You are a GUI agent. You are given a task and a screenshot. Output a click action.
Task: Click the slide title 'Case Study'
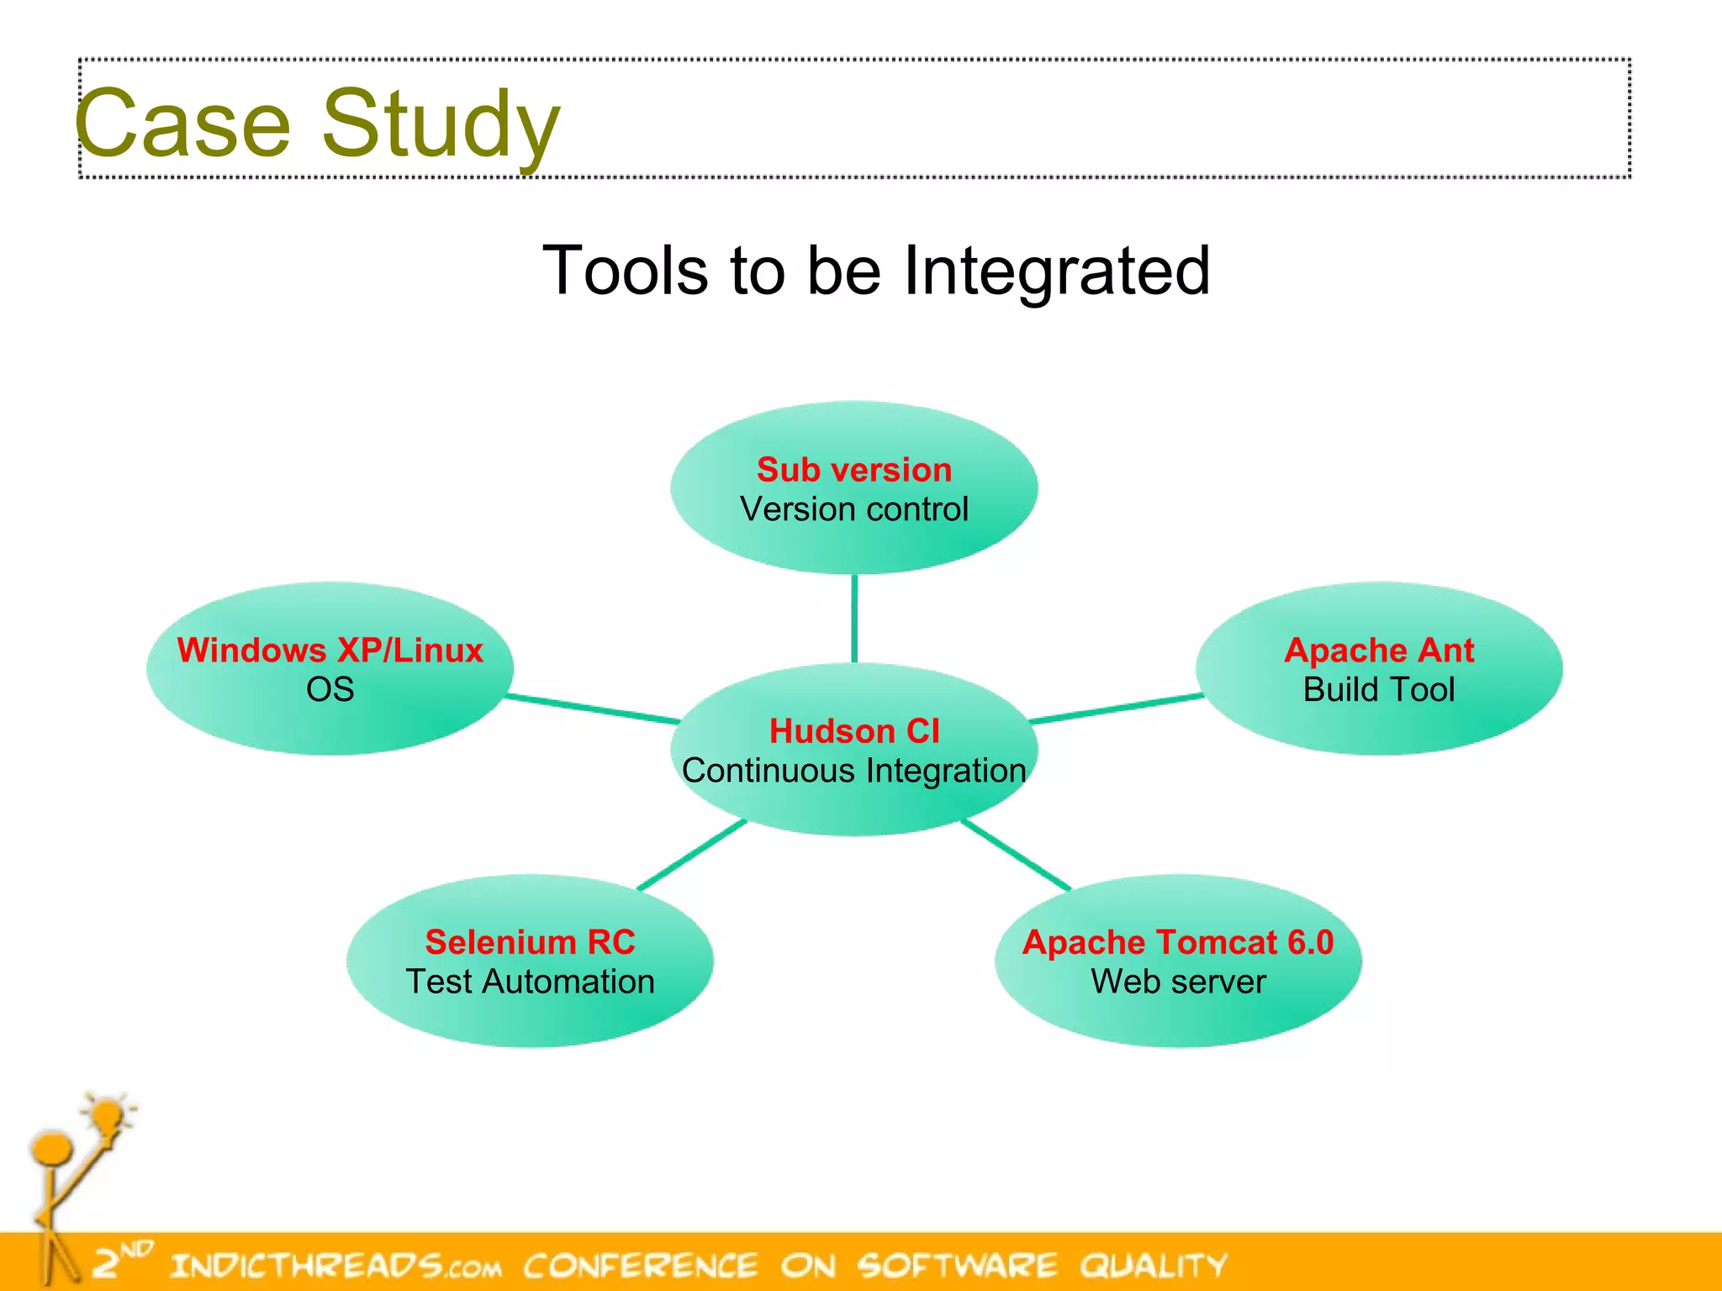click(x=317, y=124)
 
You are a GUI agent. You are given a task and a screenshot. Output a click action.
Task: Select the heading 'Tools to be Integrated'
click(x=875, y=271)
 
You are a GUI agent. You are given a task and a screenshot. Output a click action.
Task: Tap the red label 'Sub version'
click(x=853, y=470)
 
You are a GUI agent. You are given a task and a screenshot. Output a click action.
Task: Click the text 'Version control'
click(x=853, y=509)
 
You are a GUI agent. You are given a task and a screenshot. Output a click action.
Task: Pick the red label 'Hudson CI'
click(x=853, y=731)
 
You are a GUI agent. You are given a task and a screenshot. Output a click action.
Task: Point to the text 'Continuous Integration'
click(x=853, y=771)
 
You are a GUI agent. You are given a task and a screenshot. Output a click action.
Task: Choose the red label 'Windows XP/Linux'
click(x=330, y=651)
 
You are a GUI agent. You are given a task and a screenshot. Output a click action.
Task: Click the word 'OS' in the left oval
click(x=330, y=690)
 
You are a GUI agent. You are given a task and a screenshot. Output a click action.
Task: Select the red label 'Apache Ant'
click(x=1378, y=651)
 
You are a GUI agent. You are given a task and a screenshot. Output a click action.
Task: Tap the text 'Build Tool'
click(x=1378, y=690)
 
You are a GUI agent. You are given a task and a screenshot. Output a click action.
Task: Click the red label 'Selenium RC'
click(x=530, y=942)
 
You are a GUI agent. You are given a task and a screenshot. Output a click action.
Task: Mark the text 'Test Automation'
click(x=530, y=982)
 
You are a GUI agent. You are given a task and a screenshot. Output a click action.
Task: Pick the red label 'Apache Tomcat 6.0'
click(x=1177, y=942)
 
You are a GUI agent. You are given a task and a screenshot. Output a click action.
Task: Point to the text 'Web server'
click(x=1177, y=982)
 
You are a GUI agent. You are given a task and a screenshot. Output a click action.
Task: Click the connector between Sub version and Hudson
click(x=854, y=618)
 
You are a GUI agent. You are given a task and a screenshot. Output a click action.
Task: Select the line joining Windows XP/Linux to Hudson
click(x=593, y=709)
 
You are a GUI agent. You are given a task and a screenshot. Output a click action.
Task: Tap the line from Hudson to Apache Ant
click(x=1116, y=709)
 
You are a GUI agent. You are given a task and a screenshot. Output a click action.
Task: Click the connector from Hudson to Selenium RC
click(x=692, y=855)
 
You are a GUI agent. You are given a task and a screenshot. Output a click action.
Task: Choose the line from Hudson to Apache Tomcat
click(x=1016, y=855)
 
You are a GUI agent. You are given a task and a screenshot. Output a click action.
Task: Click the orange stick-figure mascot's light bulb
click(x=108, y=1115)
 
